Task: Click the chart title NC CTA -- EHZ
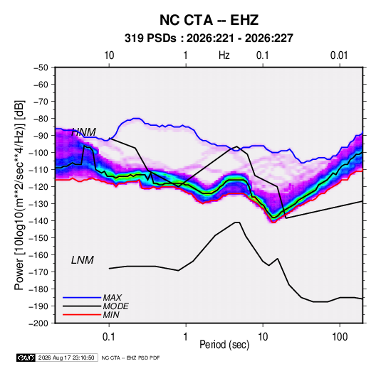coord(209,20)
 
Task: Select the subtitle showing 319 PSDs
coord(209,38)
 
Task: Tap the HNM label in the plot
coord(83,132)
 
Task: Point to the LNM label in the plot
coord(83,260)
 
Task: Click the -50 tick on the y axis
coord(41,68)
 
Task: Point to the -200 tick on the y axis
coord(38,323)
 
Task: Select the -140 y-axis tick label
coord(38,221)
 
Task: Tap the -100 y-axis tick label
coord(38,153)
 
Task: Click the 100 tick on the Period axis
coord(340,337)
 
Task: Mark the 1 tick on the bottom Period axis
coord(185,337)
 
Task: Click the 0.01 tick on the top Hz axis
coord(339,55)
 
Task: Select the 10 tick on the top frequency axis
coord(109,55)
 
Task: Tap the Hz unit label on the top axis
coord(224,55)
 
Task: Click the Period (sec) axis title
coord(224,345)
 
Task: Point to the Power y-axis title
coord(19,195)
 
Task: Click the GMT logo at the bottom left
coord(26,358)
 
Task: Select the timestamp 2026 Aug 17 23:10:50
coord(66,358)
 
